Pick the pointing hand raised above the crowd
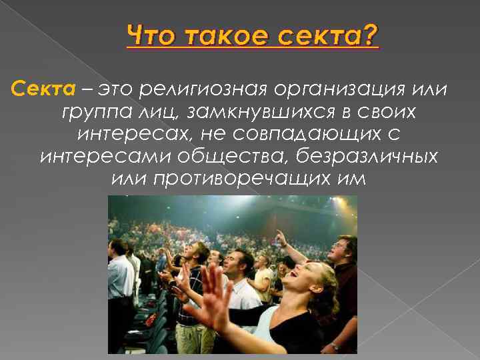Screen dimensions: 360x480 281,236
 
